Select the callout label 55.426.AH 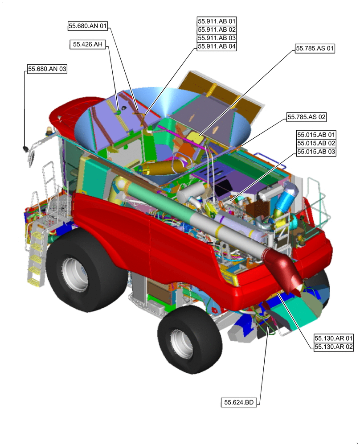[89, 44]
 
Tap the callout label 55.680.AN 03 [47, 69]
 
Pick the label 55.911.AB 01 [217, 21]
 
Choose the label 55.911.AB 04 [217, 46]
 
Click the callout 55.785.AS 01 [315, 48]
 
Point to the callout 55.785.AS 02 [307, 117]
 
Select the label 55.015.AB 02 [316, 143]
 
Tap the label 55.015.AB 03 [316, 152]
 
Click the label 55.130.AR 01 [334, 338]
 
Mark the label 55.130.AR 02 [334, 347]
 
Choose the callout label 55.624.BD [239, 402]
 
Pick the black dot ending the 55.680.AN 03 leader [25, 148]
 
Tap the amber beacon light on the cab [49, 131]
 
